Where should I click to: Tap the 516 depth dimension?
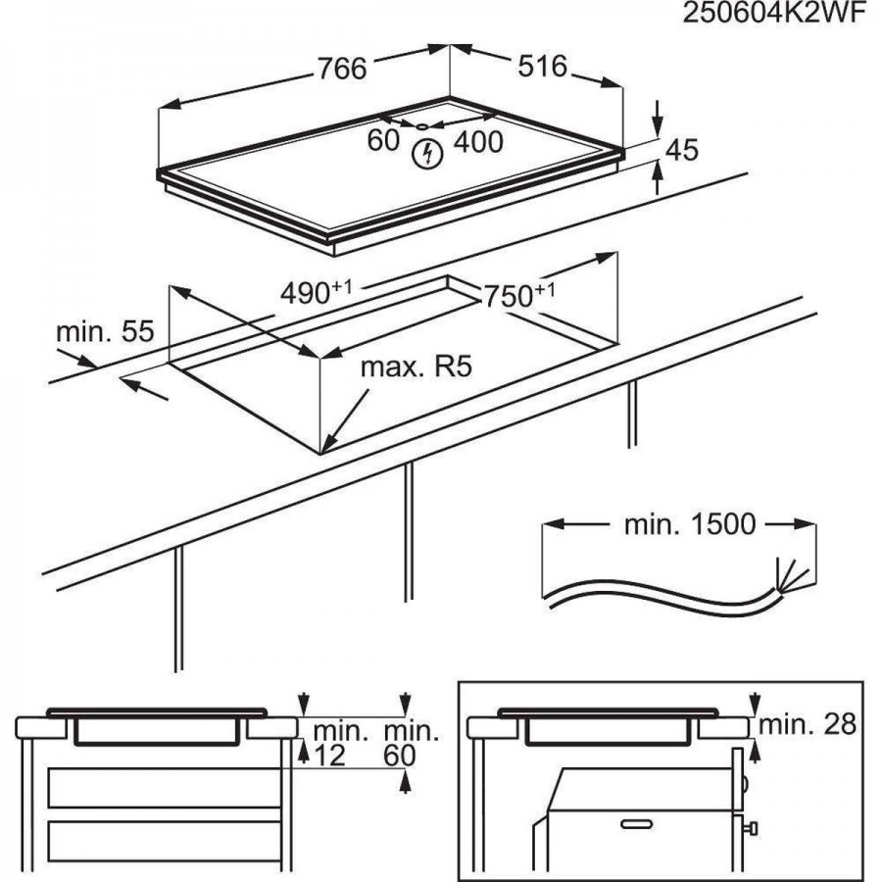pyautogui.click(x=542, y=66)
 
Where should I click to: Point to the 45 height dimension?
pyautogui.click(x=682, y=149)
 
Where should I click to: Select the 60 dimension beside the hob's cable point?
pyautogui.click(x=383, y=141)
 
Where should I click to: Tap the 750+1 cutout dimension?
pyautogui.click(x=517, y=294)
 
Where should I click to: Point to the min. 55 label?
pyautogui.click(x=105, y=331)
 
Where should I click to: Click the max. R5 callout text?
pyautogui.click(x=416, y=367)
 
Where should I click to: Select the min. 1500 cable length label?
pyautogui.click(x=690, y=524)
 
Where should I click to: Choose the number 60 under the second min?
pyautogui.click(x=402, y=755)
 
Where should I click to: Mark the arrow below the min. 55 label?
pyautogui.click(x=145, y=390)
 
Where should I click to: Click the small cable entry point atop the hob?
pyautogui.click(x=421, y=125)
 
